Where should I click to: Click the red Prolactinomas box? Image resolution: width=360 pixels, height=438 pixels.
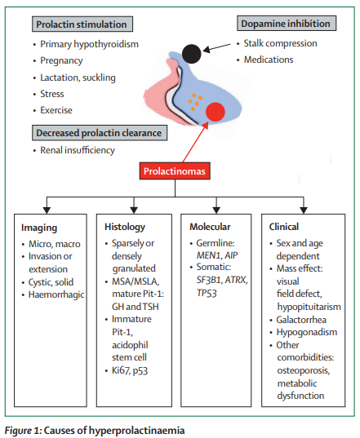click(x=175, y=170)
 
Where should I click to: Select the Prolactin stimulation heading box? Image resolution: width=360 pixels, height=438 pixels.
click(x=82, y=24)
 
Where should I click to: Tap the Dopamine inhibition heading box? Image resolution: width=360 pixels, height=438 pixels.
click(x=287, y=23)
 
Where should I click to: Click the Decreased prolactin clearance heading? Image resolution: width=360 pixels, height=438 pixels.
click(x=100, y=133)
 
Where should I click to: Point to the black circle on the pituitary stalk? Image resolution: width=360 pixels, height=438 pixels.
click(x=192, y=54)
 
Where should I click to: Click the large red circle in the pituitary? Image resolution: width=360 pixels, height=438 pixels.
click(x=216, y=112)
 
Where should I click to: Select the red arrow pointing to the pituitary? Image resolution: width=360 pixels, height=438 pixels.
click(x=195, y=142)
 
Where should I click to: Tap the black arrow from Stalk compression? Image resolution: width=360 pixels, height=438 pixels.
click(x=217, y=47)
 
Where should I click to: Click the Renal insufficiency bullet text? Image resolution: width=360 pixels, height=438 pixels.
click(x=78, y=150)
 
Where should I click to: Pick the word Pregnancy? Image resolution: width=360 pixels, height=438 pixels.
click(x=61, y=60)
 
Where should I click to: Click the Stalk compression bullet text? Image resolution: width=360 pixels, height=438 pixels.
click(x=280, y=43)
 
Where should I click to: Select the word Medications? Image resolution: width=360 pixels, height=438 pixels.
click(x=269, y=60)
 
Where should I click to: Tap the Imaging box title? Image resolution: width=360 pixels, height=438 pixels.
click(x=39, y=228)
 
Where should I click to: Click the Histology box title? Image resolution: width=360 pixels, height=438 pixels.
click(x=125, y=227)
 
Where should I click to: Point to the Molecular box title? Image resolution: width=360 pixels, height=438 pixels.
click(x=210, y=227)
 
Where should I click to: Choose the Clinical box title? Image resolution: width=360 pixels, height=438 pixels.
click(x=284, y=227)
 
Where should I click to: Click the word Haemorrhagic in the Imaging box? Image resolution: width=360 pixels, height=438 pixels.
click(x=56, y=294)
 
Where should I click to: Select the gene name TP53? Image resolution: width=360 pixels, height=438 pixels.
click(x=207, y=293)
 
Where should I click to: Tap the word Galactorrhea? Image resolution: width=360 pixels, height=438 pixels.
click(x=301, y=320)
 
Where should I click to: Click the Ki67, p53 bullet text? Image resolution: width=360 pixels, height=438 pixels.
click(x=130, y=370)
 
